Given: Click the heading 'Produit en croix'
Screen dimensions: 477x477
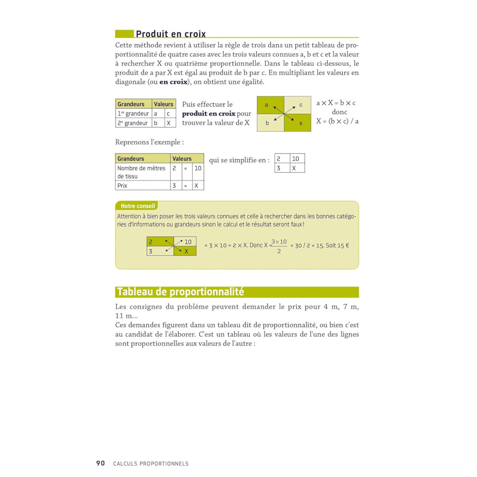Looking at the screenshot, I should [171, 34].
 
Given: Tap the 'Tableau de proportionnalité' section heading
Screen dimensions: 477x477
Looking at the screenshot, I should [180, 292].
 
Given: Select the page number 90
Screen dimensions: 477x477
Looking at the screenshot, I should [101, 463].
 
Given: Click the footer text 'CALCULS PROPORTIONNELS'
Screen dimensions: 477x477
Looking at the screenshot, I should [151, 463].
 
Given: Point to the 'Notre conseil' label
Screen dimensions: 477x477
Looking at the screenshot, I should [138, 206].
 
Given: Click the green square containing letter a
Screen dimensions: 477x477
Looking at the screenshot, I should [270, 105].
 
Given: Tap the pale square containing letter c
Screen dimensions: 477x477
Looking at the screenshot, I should [298, 105].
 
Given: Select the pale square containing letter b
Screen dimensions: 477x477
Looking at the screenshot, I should [270, 123].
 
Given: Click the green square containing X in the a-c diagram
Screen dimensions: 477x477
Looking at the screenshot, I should [298, 123].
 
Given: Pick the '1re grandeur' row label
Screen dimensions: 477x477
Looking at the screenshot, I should [133, 114].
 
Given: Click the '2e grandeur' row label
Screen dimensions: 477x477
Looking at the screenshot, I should [133, 123].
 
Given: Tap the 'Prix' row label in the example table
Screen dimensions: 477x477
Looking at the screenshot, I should [122, 186].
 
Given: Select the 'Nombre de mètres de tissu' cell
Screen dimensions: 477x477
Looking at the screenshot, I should [141, 172].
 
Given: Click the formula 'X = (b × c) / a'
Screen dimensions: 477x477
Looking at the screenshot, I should [337, 121].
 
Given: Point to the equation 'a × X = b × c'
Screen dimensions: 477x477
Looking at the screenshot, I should [336, 103].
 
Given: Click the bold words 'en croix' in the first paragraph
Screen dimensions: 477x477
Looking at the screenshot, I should [173, 82].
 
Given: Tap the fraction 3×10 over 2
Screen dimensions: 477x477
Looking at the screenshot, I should [279, 246].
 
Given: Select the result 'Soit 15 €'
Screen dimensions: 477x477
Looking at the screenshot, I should [337, 246].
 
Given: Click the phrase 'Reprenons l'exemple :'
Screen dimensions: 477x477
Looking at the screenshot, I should [149, 142].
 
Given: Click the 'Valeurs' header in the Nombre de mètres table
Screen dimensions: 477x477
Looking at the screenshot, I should [182, 159].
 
